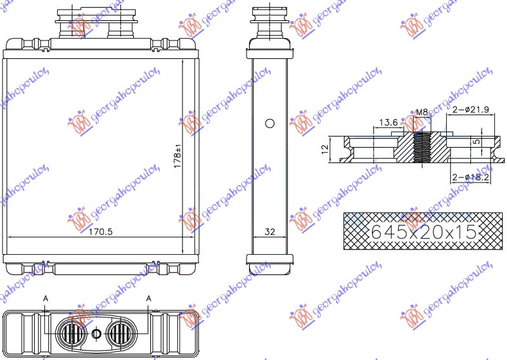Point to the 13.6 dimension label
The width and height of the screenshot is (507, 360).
tap(388, 122)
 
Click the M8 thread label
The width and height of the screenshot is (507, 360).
tap(420, 113)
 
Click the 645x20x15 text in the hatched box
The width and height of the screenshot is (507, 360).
tap(423, 232)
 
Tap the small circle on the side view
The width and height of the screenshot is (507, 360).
tap(269, 124)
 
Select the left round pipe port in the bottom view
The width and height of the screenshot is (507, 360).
tap(70, 333)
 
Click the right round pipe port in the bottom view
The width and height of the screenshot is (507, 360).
tap(121, 333)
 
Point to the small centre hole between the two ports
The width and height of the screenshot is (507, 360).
tap(96, 334)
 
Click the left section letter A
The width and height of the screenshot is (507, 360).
tap(45, 298)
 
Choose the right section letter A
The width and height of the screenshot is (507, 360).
tap(149, 298)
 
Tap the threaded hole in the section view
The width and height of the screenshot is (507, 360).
tap(421, 148)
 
